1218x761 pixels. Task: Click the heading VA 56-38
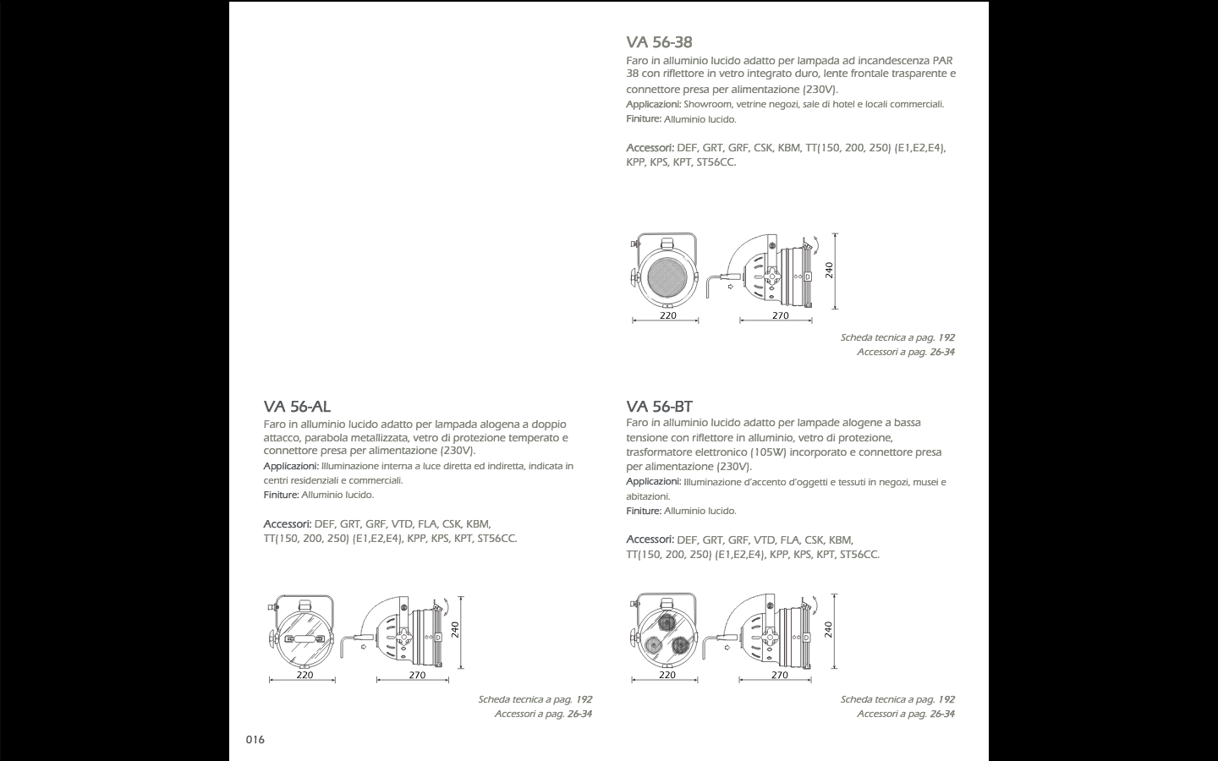point(659,42)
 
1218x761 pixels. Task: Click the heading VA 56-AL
point(297,407)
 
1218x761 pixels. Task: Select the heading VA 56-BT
point(659,407)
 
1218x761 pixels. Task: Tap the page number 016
point(255,740)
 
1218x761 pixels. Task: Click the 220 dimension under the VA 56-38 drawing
point(667,315)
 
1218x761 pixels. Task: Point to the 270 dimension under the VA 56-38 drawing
point(780,315)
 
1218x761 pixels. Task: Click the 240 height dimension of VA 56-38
point(829,270)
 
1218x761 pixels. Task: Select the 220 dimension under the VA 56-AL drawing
point(304,675)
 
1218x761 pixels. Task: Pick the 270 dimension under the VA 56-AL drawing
point(417,675)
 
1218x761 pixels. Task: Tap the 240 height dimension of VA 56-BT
point(829,630)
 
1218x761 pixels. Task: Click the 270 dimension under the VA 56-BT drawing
point(780,675)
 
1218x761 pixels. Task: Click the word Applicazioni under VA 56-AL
point(290,466)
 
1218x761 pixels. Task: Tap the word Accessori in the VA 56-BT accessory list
point(649,539)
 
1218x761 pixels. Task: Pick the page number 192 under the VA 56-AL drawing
point(584,699)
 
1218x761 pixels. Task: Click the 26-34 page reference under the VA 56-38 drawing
point(941,352)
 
